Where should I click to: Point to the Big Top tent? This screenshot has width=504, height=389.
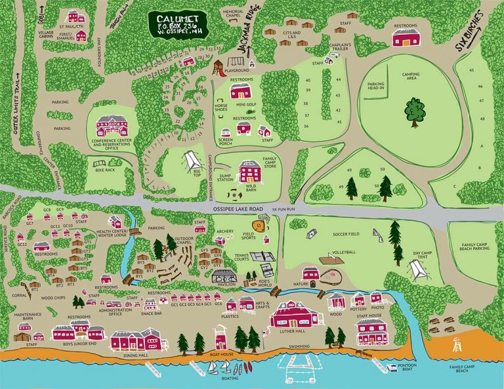[191, 159]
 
